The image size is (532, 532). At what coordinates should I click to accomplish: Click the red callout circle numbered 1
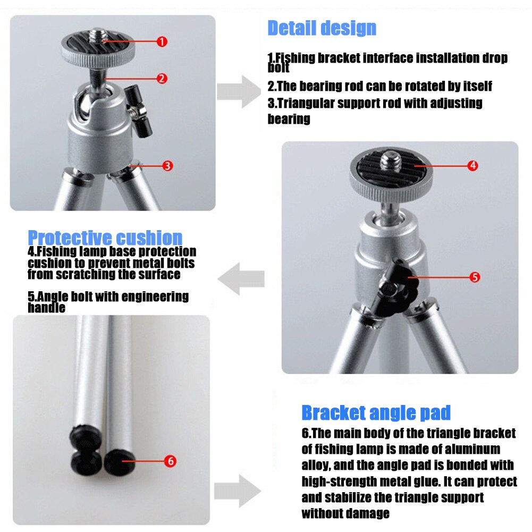(162, 41)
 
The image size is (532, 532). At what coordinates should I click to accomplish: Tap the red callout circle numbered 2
(162, 79)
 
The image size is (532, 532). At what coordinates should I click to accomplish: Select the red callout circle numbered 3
(167, 165)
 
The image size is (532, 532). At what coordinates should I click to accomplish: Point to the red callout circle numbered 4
(472, 165)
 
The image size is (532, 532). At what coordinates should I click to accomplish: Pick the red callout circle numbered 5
(475, 277)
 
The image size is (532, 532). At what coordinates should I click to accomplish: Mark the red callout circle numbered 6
(170, 461)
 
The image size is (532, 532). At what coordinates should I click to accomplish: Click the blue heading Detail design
(322, 28)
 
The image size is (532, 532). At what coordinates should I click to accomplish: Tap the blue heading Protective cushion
(105, 238)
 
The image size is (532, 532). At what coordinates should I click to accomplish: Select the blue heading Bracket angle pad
(376, 412)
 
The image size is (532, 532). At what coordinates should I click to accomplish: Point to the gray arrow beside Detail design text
(244, 91)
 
